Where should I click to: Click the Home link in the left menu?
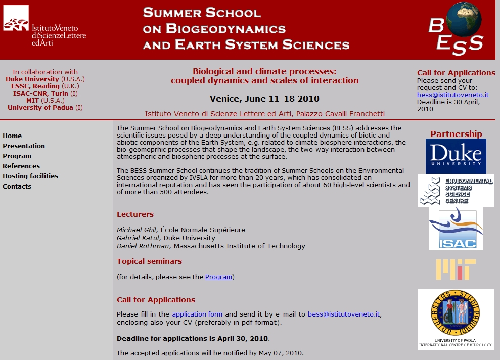click(x=12, y=136)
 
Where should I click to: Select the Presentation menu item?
click(x=24, y=146)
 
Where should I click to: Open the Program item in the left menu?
click(x=17, y=156)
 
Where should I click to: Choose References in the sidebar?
click(x=21, y=166)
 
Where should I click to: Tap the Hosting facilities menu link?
click(x=30, y=176)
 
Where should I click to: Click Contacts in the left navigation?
click(x=17, y=186)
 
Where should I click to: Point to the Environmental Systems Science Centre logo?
click(x=456, y=190)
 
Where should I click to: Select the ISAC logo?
click(x=456, y=229)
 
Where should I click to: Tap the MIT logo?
click(x=456, y=269)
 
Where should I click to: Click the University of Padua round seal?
click(x=456, y=314)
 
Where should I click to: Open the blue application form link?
click(x=197, y=314)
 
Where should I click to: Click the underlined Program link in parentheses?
click(x=218, y=277)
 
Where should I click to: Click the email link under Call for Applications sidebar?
click(x=452, y=95)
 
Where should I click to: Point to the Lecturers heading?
click(x=135, y=214)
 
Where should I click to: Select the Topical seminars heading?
click(x=149, y=261)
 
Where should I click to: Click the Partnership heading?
click(x=456, y=134)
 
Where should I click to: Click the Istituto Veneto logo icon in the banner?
click(x=16, y=19)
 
